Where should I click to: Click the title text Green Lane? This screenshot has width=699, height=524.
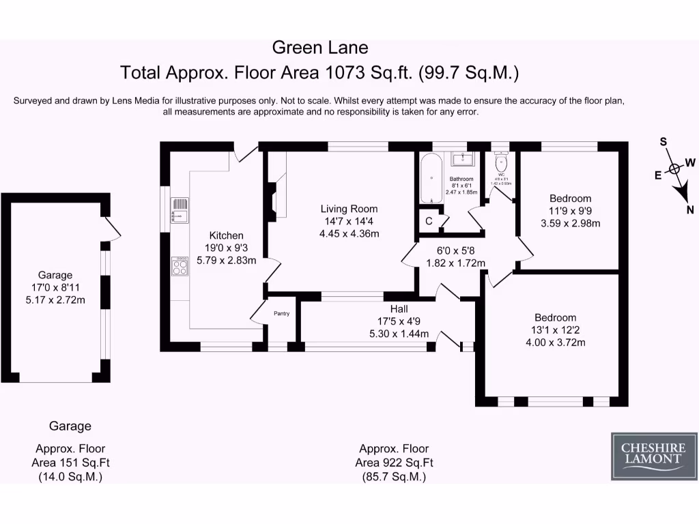(x=320, y=48)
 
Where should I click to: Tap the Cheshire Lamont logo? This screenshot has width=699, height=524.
(x=653, y=453)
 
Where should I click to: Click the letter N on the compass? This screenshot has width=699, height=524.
(x=690, y=210)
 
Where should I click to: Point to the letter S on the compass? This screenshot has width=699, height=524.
(x=662, y=142)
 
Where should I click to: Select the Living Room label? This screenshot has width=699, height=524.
(x=349, y=209)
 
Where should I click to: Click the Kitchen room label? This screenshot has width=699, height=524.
(x=226, y=235)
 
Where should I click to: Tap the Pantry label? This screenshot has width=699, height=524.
(x=282, y=314)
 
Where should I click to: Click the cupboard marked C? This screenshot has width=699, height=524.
(x=429, y=221)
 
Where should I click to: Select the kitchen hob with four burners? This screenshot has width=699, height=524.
(x=180, y=266)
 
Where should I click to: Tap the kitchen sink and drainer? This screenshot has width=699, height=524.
(x=180, y=210)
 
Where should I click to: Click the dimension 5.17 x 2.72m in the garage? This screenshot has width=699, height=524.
(x=55, y=300)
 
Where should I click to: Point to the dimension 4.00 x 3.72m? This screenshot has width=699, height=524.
(x=555, y=342)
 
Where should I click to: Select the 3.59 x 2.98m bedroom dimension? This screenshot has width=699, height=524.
(x=570, y=222)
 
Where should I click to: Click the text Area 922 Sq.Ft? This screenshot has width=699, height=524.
(x=394, y=463)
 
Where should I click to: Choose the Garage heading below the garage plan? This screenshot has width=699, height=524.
(x=70, y=426)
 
